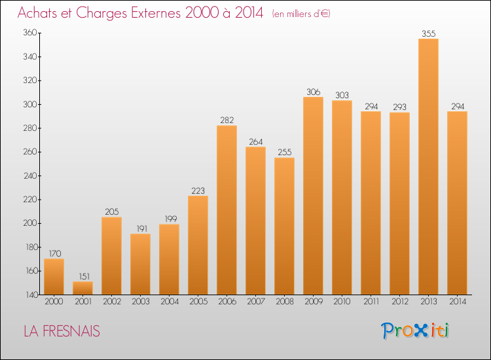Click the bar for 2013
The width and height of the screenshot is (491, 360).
[x=428, y=167]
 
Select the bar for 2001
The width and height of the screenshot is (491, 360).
[x=82, y=288]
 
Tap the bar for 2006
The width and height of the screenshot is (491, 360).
[x=227, y=210]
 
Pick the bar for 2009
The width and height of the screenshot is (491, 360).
[x=313, y=196]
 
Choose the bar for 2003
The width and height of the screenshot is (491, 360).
[x=140, y=264]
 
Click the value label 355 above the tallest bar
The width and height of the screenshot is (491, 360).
[x=428, y=33]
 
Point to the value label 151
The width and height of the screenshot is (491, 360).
[x=82, y=276]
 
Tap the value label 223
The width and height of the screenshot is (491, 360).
[x=198, y=190]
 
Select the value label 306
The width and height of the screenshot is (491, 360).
[x=313, y=92]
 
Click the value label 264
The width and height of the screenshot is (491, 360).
[x=255, y=141]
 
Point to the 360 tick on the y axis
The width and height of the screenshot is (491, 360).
[x=30, y=33]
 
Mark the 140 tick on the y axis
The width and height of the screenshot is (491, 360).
[x=30, y=295]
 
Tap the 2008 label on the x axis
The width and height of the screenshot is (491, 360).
[x=284, y=302]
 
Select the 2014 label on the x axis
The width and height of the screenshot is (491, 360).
[x=457, y=302]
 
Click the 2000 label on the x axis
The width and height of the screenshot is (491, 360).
[x=54, y=302]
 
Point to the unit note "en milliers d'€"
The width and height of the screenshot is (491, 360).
[x=300, y=14]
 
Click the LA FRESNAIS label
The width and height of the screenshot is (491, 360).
[x=62, y=331]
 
